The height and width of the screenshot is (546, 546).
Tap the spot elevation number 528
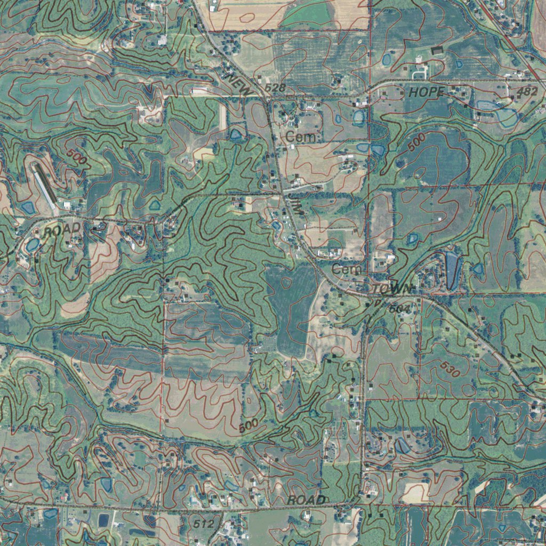coord(276,87)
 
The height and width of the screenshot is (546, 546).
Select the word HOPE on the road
coord(426,93)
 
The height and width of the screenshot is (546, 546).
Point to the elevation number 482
coord(527,92)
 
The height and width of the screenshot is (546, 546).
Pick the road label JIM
coord(294,205)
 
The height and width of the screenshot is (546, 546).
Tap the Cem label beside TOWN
coord(346,270)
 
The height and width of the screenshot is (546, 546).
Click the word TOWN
coord(393,288)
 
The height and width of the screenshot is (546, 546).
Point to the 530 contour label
coord(450,370)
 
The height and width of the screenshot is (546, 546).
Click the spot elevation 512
coord(203,524)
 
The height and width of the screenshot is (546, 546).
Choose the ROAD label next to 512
coord(306,500)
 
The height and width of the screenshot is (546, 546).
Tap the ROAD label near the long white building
coord(62,230)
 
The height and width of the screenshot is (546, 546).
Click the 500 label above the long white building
coord(78,158)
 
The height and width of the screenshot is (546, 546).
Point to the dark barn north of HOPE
coord(438,51)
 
